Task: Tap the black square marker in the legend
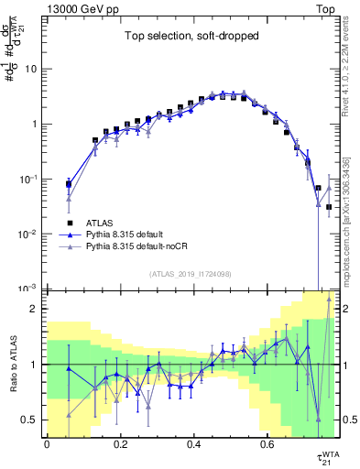(x=70, y=222)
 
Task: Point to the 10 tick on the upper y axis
(x=32, y=69)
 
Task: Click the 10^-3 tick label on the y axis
(x=27, y=289)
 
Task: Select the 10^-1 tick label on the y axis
(x=27, y=179)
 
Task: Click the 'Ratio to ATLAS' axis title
(x=11, y=364)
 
